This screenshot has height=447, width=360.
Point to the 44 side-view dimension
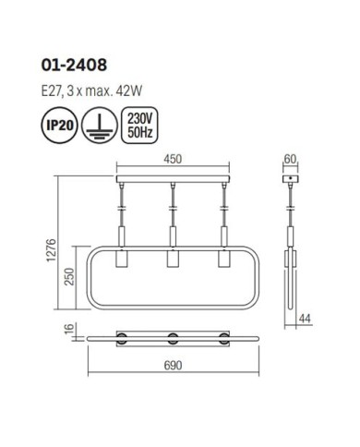[x=305, y=319]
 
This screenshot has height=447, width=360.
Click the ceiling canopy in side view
[x=291, y=177]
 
